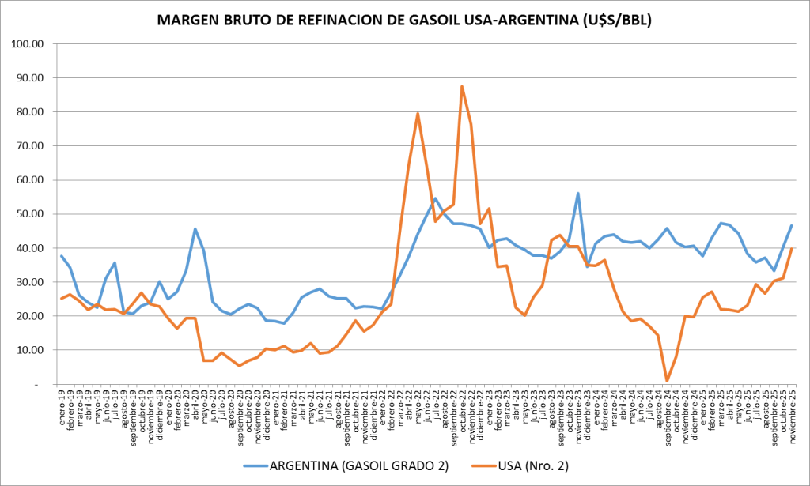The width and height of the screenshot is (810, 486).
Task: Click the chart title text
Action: (x=405, y=21)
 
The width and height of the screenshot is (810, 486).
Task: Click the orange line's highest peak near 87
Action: (x=462, y=87)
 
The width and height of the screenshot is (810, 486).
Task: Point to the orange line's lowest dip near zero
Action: (x=667, y=381)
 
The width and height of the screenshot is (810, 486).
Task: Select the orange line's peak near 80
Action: (x=418, y=114)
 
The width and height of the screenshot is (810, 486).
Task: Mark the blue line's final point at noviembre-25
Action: (x=792, y=226)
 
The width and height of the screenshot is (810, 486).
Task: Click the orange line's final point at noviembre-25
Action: (x=792, y=249)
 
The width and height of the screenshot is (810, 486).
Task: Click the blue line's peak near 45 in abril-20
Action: (x=195, y=229)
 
